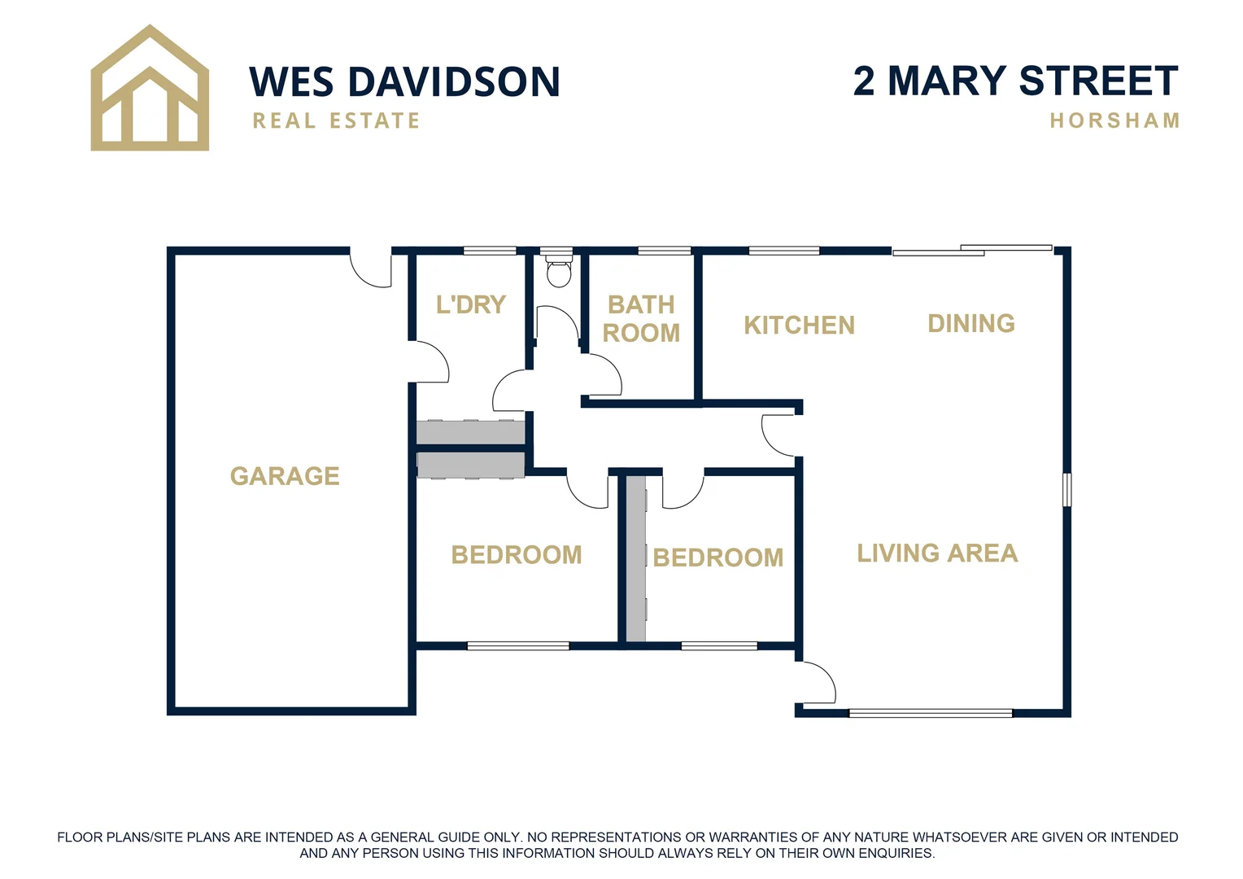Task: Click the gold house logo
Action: pyautogui.click(x=150, y=90)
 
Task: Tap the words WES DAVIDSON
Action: pyautogui.click(x=404, y=82)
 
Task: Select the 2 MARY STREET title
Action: pyautogui.click(x=1015, y=81)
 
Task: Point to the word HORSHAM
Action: pyautogui.click(x=1114, y=121)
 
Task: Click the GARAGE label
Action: pyautogui.click(x=285, y=476)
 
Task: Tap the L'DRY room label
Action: pyautogui.click(x=471, y=305)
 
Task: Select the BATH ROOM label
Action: pyautogui.click(x=641, y=319)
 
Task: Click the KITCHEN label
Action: pyautogui.click(x=799, y=326)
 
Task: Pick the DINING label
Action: pyautogui.click(x=971, y=324)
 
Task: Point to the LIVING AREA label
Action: pyautogui.click(x=937, y=553)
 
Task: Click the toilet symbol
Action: pyautogui.click(x=559, y=271)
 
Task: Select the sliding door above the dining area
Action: pyautogui.click(x=972, y=250)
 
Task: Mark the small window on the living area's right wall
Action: pyautogui.click(x=1067, y=490)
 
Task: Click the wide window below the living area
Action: pyautogui.click(x=931, y=714)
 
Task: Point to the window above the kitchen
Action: pyautogui.click(x=783, y=251)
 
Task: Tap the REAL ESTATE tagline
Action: pyautogui.click(x=336, y=121)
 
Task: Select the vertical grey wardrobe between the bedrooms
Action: pyautogui.click(x=636, y=558)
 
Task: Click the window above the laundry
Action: pyautogui.click(x=490, y=251)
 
